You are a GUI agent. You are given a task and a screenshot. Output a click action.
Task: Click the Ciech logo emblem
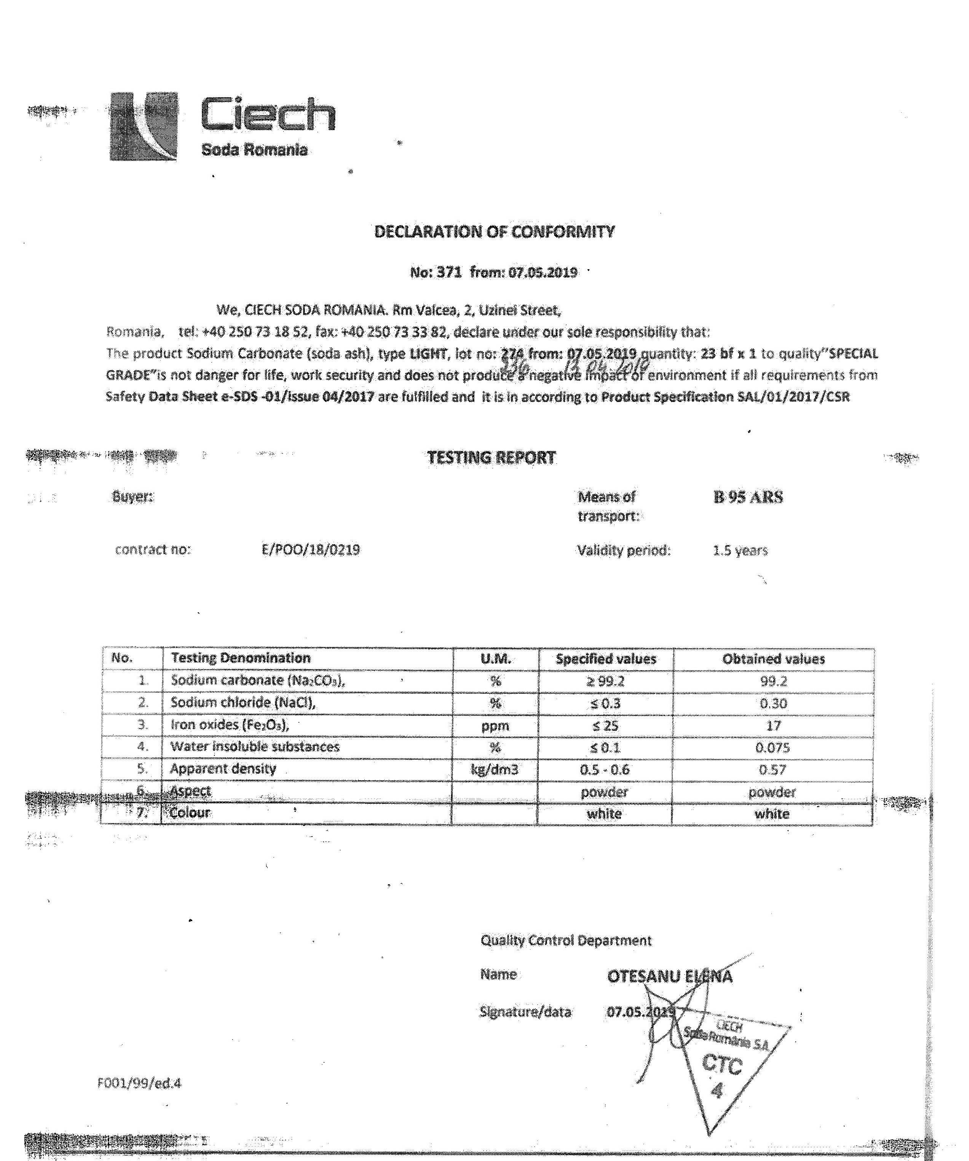(x=144, y=126)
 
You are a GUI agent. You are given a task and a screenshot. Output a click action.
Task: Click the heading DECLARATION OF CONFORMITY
(x=494, y=232)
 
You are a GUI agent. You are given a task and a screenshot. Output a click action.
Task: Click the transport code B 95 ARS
(x=748, y=498)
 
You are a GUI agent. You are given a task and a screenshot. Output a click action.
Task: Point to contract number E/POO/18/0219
(x=311, y=549)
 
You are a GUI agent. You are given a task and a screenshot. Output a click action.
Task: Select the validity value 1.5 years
(x=740, y=551)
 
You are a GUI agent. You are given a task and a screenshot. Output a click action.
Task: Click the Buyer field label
(x=132, y=497)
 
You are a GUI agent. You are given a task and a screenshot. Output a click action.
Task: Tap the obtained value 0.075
(x=773, y=748)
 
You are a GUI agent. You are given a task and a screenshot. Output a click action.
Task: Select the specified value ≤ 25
(x=605, y=726)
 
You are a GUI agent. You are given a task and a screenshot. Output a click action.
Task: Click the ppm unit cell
(x=495, y=726)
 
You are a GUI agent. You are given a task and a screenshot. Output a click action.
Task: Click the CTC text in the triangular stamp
(x=722, y=1065)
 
